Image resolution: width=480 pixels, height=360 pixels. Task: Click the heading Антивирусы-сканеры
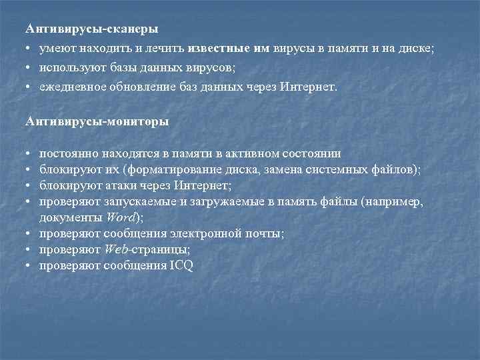[92, 29]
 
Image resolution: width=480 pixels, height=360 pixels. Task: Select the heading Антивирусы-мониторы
[97, 121]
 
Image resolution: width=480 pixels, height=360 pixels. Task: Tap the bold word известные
[219, 49]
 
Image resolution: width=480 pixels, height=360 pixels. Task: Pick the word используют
[68, 67]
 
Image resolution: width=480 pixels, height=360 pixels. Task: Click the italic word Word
[121, 217]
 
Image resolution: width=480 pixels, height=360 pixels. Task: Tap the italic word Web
[117, 249]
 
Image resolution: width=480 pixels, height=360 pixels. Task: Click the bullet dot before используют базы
[29, 68]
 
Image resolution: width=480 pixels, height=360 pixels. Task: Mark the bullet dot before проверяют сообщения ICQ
[29, 265]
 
